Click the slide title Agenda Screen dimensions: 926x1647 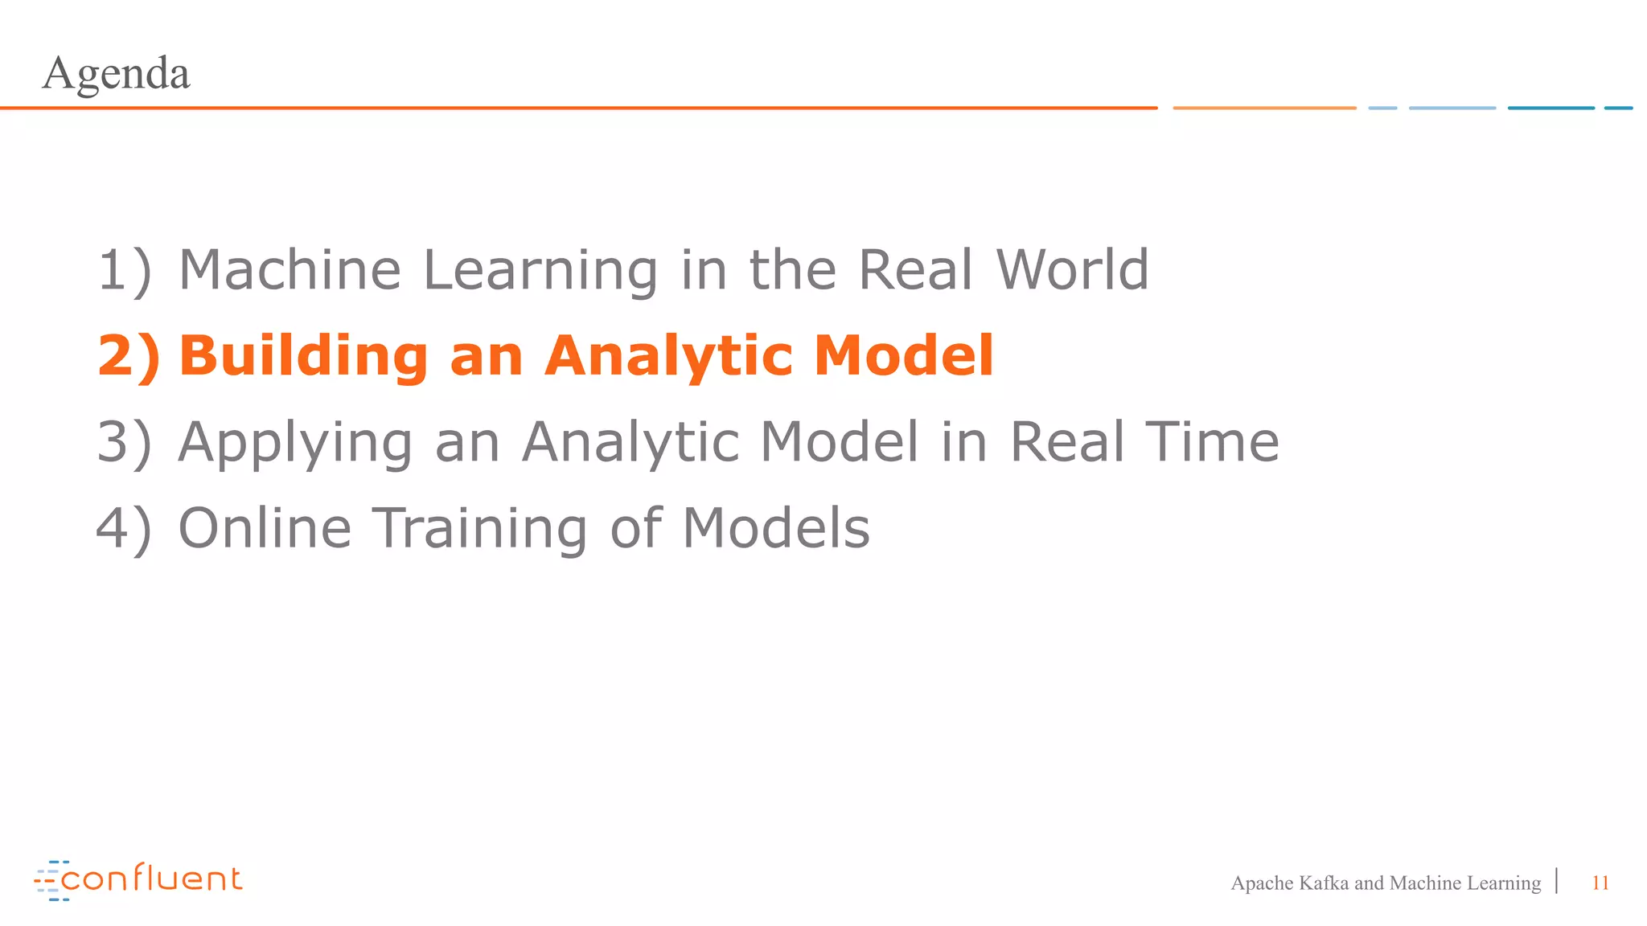(x=116, y=74)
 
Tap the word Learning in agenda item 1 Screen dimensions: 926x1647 (x=540, y=272)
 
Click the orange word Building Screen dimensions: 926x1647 (x=303, y=356)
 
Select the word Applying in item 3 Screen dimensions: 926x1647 (x=295, y=444)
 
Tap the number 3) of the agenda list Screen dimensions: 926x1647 (x=125, y=444)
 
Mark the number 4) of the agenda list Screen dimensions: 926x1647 (x=124, y=530)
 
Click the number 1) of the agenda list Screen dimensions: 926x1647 (x=125, y=271)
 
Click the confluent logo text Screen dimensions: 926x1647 (x=151, y=879)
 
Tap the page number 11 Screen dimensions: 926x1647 (x=1600, y=883)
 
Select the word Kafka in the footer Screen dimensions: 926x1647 (x=1323, y=883)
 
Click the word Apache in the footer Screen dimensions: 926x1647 (x=1262, y=883)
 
